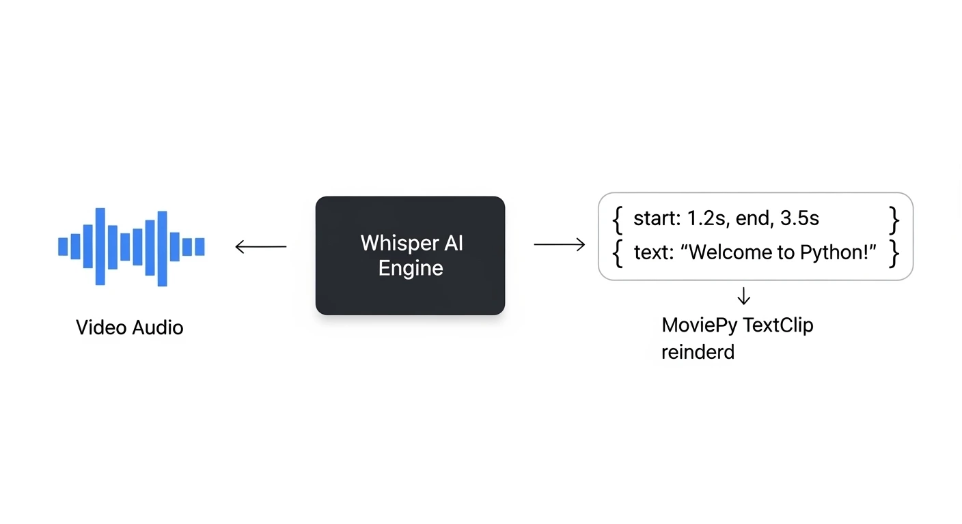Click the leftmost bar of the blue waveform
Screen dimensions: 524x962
(x=63, y=246)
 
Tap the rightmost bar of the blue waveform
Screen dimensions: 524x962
(x=200, y=246)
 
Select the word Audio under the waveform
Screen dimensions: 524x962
(x=158, y=327)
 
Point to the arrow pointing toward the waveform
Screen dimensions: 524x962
(x=260, y=246)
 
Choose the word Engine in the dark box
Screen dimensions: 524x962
(x=411, y=268)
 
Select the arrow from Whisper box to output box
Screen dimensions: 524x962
(x=559, y=244)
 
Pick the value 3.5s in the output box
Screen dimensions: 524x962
(x=799, y=218)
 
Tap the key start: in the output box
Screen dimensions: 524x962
(x=657, y=218)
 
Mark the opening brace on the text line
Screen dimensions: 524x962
(x=618, y=253)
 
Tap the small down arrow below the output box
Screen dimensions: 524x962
(x=744, y=296)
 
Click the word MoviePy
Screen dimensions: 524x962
(x=700, y=325)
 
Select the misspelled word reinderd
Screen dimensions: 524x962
(x=698, y=352)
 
